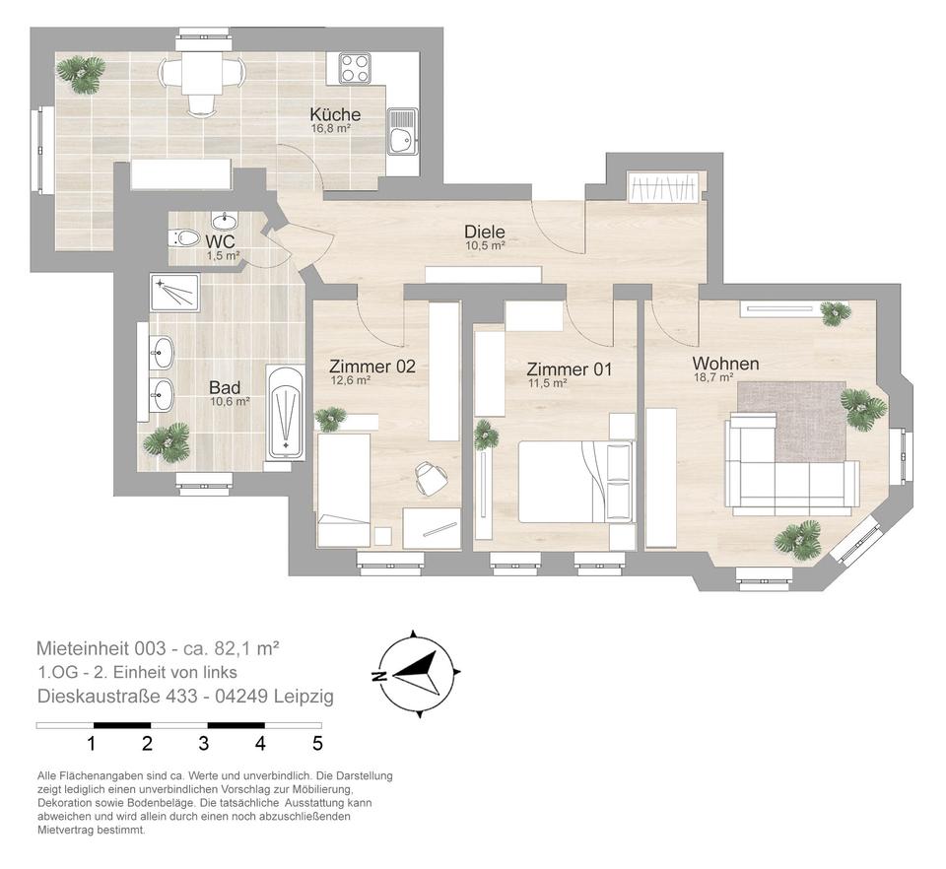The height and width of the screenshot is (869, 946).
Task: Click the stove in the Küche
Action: (x=354, y=68)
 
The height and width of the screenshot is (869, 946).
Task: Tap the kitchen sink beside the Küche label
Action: (x=402, y=132)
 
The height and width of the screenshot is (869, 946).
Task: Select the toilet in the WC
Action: (x=184, y=237)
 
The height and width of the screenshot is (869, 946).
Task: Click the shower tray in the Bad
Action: (x=175, y=293)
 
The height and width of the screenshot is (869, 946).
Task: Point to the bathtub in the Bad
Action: (x=286, y=413)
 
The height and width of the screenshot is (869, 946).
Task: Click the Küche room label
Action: (x=335, y=114)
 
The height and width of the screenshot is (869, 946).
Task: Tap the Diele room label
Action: (x=485, y=231)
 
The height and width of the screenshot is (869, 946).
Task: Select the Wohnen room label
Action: (x=725, y=364)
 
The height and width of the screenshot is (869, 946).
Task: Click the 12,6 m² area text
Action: (x=350, y=380)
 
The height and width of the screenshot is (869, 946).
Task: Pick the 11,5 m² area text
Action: (x=547, y=383)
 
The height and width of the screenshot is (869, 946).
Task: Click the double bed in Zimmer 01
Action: (x=577, y=482)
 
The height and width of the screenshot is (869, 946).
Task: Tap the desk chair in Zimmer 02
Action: (x=431, y=477)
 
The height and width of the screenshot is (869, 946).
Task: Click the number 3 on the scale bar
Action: (x=204, y=744)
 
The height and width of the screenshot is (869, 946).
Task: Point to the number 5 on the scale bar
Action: (x=317, y=744)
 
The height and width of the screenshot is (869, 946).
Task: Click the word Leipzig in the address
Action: (x=304, y=697)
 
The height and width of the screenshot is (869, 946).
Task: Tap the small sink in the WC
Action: (x=225, y=219)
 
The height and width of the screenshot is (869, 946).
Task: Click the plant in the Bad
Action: (x=167, y=441)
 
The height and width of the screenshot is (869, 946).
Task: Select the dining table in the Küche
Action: (x=201, y=72)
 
